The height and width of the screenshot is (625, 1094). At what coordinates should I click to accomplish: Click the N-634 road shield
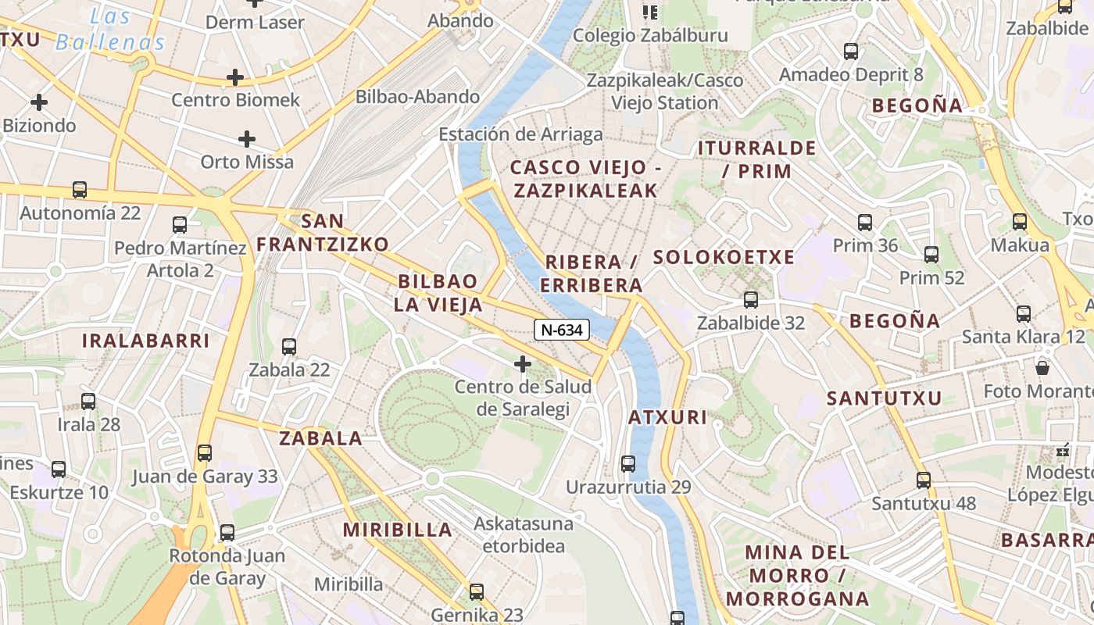click(x=562, y=330)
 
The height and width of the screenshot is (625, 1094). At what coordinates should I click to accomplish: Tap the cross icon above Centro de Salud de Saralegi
click(x=523, y=364)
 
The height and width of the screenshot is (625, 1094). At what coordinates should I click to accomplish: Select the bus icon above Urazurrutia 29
click(x=628, y=464)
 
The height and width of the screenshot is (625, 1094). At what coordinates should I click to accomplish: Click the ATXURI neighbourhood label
click(x=668, y=417)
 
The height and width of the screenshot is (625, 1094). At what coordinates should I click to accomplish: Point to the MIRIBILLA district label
click(x=398, y=530)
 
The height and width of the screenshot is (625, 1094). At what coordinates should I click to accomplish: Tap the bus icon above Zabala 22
click(x=289, y=346)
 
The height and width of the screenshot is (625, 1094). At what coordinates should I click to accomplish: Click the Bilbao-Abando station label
click(x=417, y=97)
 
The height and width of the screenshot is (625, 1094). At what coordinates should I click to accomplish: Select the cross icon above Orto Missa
click(x=247, y=140)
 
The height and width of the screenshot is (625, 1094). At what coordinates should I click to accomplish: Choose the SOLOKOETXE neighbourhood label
click(x=724, y=257)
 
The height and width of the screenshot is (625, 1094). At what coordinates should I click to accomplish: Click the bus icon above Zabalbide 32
click(x=751, y=299)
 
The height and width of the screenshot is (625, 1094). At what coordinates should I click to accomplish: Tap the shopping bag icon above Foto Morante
click(x=1042, y=367)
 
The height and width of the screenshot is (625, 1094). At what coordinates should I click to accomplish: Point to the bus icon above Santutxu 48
click(x=924, y=480)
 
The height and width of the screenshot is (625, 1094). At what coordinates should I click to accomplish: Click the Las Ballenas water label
click(x=110, y=30)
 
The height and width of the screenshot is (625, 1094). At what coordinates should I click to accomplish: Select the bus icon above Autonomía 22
click(x=80, y=190)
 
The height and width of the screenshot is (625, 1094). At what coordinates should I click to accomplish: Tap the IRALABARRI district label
click(x=146, y=341)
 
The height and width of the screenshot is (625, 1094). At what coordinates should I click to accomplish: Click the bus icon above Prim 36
click(x=865, y=223)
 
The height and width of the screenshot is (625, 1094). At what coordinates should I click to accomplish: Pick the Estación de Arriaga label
click(x=520, y=134)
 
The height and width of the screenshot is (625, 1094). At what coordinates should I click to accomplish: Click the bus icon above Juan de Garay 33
click(x=205, y=453)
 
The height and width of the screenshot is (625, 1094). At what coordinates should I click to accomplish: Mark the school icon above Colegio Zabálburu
click(x=650, y=12)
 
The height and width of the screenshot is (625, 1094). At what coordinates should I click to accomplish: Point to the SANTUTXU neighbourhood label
click(x=885, y=398)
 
